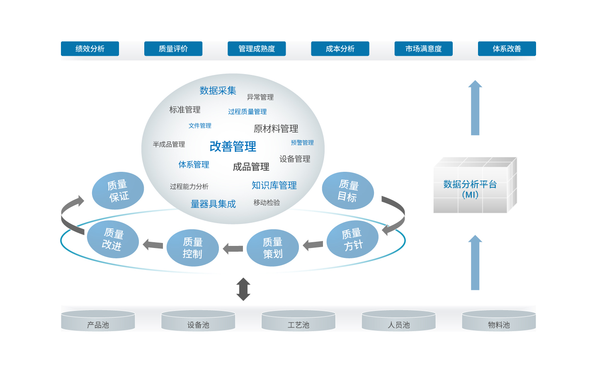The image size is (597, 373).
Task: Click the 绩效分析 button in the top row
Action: coord(90,49)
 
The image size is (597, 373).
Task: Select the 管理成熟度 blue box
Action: coord(257,49)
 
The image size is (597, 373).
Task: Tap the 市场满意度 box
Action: coord(423,49)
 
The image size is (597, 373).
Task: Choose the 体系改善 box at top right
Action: coord(507,49)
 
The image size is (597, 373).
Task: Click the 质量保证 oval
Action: coord(118,191)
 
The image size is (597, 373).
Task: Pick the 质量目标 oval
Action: coord(348,191)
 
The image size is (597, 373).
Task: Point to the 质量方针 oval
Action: coord(352,240)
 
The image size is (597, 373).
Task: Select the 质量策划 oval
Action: coord(272,248)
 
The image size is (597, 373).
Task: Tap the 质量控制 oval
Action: coord(192,248)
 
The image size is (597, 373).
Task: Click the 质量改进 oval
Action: coord(113,240)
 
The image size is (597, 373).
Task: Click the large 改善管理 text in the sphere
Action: coord(233,147)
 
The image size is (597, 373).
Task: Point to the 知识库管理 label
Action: coord(274,185)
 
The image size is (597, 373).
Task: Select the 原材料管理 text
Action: coord(276,129)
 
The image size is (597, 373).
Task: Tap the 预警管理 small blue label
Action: coord(302,143)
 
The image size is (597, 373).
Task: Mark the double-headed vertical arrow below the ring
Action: coord(243,289)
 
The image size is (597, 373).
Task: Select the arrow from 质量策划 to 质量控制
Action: coord(233,249)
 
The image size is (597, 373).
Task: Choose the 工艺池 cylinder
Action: coord(298,321)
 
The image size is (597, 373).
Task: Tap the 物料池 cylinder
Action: coord(499,321)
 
